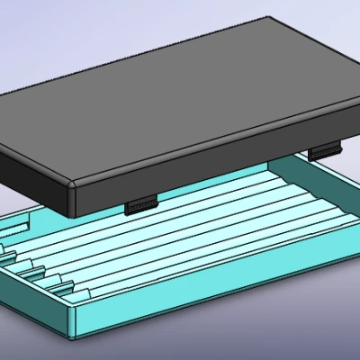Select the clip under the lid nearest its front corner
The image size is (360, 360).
click(140, 206)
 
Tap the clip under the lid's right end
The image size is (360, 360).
click(325, 151)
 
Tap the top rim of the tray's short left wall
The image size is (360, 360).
click(36, 288)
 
